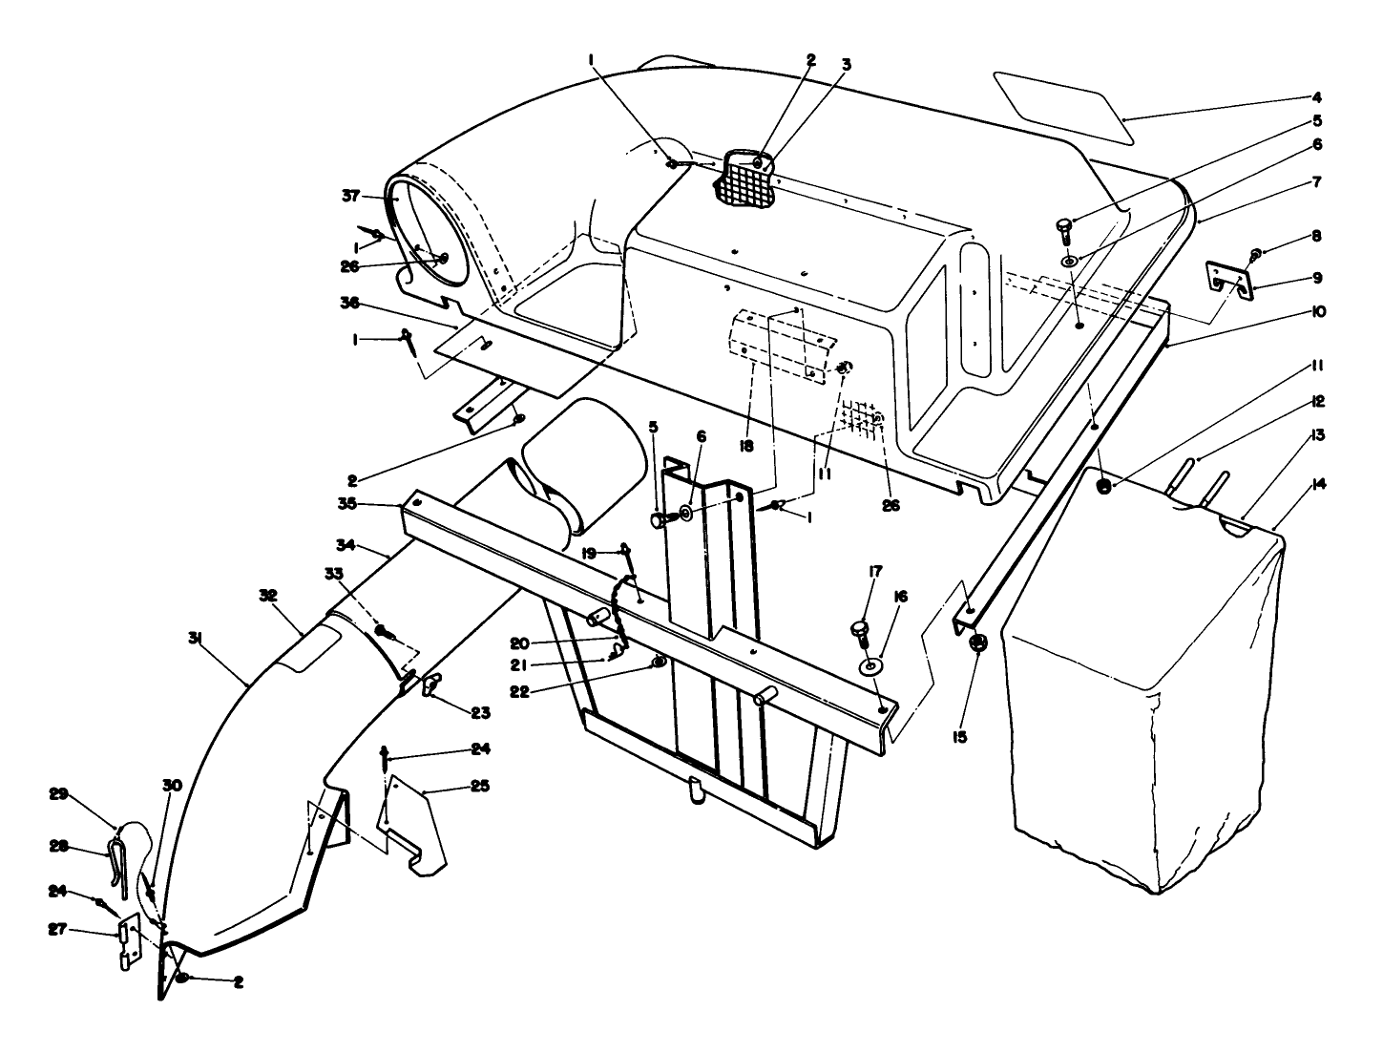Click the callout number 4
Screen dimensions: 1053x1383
pyautogui.click(x=1316, y=96)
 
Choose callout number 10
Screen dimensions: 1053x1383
pyautogui.click(x=1318, y=311)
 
